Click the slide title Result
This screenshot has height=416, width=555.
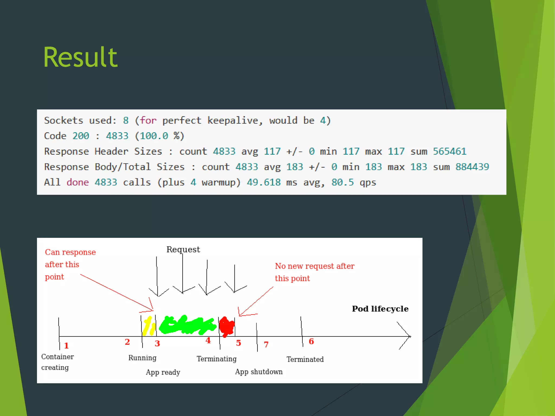(80, 57)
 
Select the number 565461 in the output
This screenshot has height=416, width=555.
(450, 151)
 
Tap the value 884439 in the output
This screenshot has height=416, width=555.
(472, 167)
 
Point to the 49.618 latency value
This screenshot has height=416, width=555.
(263, 182)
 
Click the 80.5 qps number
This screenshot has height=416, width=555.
(343, 182)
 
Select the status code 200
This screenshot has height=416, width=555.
(81, 136)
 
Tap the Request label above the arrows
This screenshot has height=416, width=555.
(183, 249)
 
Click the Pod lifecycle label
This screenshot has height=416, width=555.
(380, 309)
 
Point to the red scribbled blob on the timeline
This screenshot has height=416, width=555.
(227, 326)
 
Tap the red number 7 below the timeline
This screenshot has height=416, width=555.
(266, 344)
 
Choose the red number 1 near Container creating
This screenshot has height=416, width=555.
(66, 346)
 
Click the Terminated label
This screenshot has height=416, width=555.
(305, 359)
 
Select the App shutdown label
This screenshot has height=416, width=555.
(259, 372)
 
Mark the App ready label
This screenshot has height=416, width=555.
(163, 372)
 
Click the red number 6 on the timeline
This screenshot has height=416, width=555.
(311, 341)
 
